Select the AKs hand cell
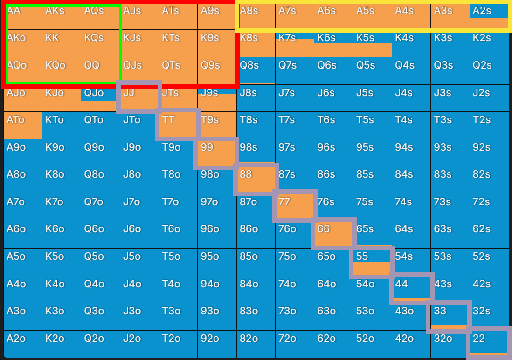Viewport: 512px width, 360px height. pyautogui.click(x=61, y=16)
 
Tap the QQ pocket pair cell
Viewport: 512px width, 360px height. pyautogui.click(x=100, y=70)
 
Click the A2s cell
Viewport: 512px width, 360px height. pyautogui.click(x=489, y=16)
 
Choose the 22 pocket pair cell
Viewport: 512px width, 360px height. pyautogui.click(x=489, y=344)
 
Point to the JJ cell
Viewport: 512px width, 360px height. pyautogui.click(x=139, y=98)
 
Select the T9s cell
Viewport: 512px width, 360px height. pyautogui.click(x=217, y=125)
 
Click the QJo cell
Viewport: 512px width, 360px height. pyautogui.click(x=100, y=98)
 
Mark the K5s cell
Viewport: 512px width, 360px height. pyautogui.click(x=372, y=43)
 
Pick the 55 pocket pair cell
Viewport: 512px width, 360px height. pyautogui.click(x=372, y=262)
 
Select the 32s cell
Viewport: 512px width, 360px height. pyautogui.click(x=489, y=317)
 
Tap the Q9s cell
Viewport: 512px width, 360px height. pyautogui.click(x=217, y=70)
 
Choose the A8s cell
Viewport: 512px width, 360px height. pyautogui.click(x=256, y=16)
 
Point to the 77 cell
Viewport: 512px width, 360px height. pyautogui.click(x=295, y=208)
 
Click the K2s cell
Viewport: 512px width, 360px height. pyautogui.click(x=489, y=43)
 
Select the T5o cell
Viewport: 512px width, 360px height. pyautogui.click(x=178, y=262)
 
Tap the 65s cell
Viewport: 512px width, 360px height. pyautogui.click(x=372, y=235)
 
